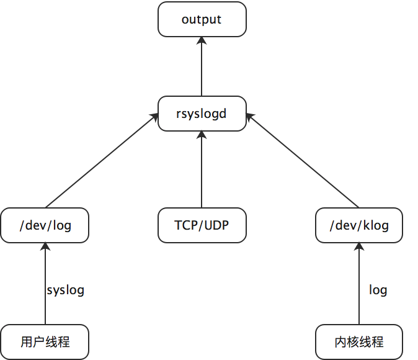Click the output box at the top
coord(202,19)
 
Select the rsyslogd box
coord(202,114)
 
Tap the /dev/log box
coord(45,225)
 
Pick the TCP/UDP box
coord(202,225)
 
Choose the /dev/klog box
coord(359,225)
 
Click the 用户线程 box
coord(45,341)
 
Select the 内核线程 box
coord(359,341)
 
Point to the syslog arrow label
coord(65,290)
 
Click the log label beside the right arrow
coord(378,290)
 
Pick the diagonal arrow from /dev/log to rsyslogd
coord(99,161)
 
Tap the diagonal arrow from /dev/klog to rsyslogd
coord(304,161)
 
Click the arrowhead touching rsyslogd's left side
coord(154,116)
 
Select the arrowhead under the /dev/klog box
coord(359,246)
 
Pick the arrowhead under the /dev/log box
coord(45,246)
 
